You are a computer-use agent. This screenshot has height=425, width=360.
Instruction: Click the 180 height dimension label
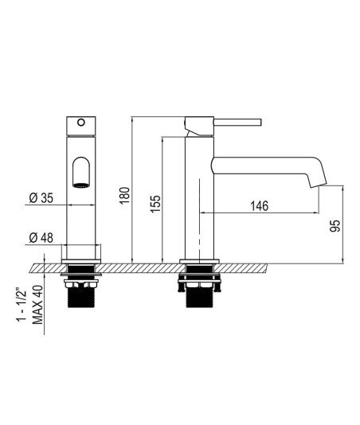[x=125, y=196]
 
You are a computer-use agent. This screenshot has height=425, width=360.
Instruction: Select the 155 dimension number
[x=156, y=204]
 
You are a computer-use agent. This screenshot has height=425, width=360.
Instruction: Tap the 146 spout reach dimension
[x=259, y=206]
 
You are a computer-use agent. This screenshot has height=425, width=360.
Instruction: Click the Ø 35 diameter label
[x=41, y=198]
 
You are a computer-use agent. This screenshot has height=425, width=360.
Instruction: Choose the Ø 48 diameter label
[x=41, y=238]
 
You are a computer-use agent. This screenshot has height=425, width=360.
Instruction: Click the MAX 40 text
[x=37, y=305]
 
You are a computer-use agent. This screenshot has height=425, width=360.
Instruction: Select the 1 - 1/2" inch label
[x=22, y=305]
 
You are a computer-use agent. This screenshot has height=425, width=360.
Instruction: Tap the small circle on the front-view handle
[x=81, y=123]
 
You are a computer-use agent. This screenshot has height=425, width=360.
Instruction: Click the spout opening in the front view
[x=81, y=172]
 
